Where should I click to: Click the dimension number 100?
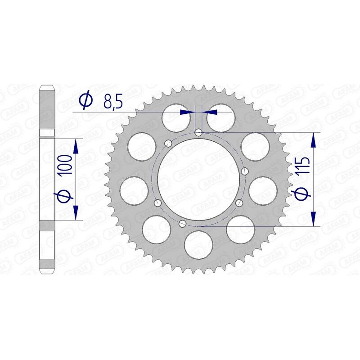(x=66, y=168)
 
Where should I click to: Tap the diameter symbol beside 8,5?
(x=85, y=102)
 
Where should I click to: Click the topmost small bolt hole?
(x=198, y=132)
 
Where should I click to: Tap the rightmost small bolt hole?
(x=245, y=171)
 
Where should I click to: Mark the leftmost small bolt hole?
(x=157, y=203)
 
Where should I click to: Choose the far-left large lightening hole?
(x=135, y=190)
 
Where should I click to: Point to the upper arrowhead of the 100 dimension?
(x=75, y=144)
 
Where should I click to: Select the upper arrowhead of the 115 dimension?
(x=313, y=139)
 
